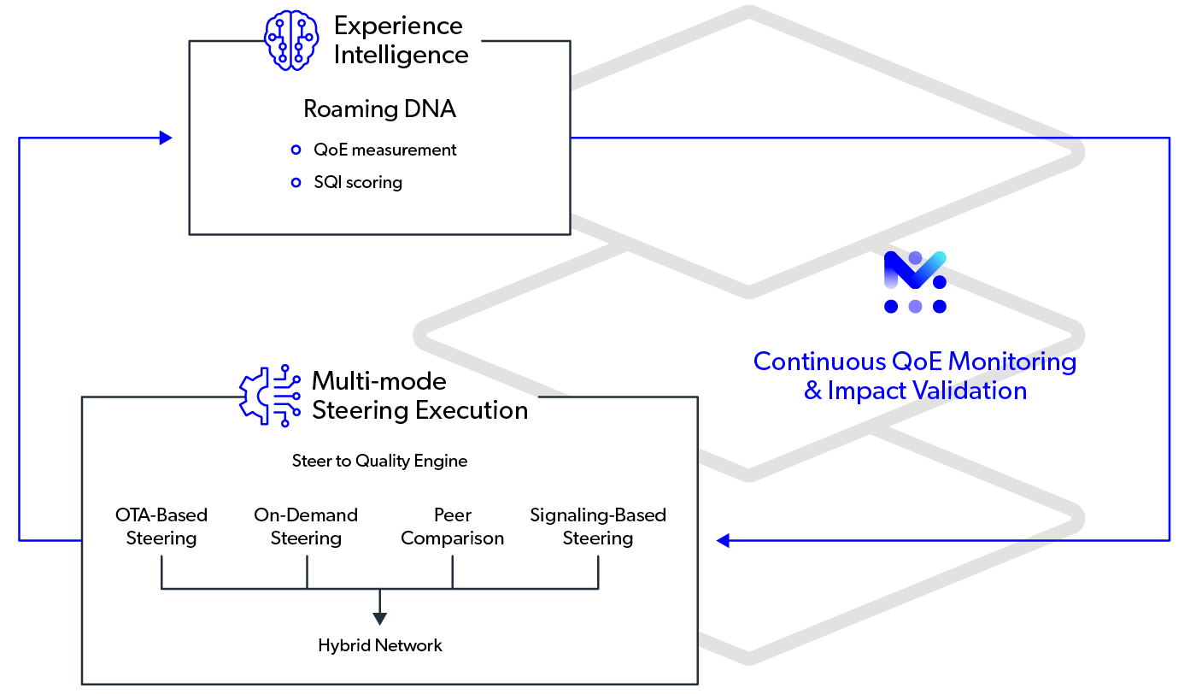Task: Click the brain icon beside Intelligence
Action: [x=292, y=41]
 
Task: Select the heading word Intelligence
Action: [x=401, y=55]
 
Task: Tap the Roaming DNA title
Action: [x=379, y=109]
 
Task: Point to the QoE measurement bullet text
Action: [x=385, y=150]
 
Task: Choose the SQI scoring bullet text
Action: [x=358, y=182]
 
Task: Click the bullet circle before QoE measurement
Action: [x=296, y=150]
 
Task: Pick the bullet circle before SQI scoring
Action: [x=296, y=183]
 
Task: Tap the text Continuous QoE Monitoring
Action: [x=915, y=362]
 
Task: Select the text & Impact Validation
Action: [x=915, y=391]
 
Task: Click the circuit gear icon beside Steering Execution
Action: [x=269, y=397]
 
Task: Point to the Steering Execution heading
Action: [x=420, y=410]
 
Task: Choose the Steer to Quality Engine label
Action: [x=380, y=461]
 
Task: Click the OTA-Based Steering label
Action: [x=161, y=526]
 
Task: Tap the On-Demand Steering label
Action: [x=306, y=526]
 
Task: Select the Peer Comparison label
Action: [x=453, y=526]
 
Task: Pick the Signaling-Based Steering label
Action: [x=598, y=526]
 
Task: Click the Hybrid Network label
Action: [x=380, y=645]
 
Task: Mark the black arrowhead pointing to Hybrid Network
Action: [x=380, y=618]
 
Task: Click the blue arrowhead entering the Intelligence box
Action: [x=166, y=138]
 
